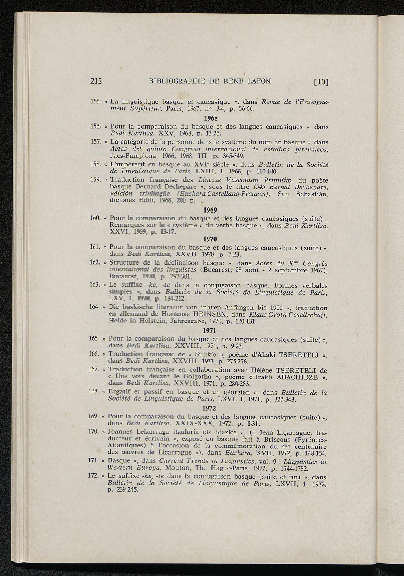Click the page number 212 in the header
coord(96,82)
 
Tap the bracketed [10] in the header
coord(321,82)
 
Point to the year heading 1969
coord(209,210)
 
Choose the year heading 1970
coord(209,239)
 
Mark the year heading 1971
coord(209,330)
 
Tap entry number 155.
coord(96,101)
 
